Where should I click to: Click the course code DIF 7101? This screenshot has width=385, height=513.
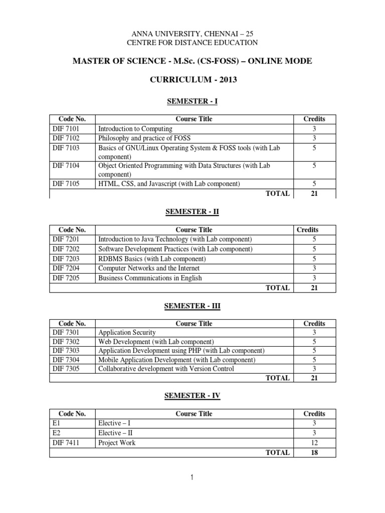pyautogui.click(x=66, y=129)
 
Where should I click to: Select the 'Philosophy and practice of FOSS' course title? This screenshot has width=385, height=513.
pyautogui.click(x=144, y=138)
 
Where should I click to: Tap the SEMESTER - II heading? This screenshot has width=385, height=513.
pyautogui.click(x=192, y=212)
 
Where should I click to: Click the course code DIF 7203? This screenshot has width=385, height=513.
pyautogui.click(x=66, y=259)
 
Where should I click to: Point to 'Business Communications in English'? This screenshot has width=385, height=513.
pyautogui.click(x=150, y=278)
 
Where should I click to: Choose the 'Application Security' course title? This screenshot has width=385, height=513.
pyautogui.click(x=127, y=332)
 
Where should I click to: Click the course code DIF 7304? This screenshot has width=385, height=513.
pyautogui.click(x=66, y=360)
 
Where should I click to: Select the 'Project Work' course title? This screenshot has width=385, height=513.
pyautogui.click(x=117, y=442)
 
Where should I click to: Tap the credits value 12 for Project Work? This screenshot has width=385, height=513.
pyautogui.click(x=314, y=442)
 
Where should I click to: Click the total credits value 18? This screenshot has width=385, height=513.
pyautogui.click(x=314, y=452)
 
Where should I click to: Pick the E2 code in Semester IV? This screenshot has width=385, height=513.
pyautogui.click(x=56, y=433)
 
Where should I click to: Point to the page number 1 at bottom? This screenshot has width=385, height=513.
pyautogui.click(x=192, y=478)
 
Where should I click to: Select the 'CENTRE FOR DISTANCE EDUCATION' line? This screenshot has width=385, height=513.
pyautogui.click(x=192, y=43)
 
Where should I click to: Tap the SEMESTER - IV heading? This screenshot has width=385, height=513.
pyautogui.click(x=192, y=396)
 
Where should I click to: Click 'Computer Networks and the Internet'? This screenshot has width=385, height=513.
pyautogui.click(x=149, y=268)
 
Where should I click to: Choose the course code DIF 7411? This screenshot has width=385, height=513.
pyautogui.click(x=66, y=442)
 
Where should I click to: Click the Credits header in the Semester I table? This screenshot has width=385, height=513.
pyautogui.click(x=314, y=119)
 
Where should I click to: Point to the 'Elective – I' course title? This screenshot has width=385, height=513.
pyautogui.click(x=115, y=423)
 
